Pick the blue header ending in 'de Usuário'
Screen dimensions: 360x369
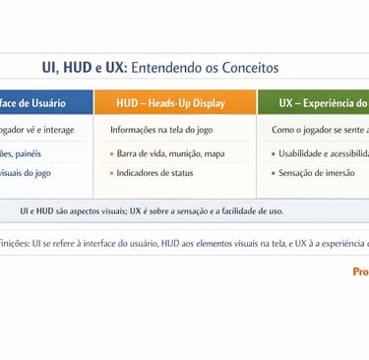click(44, 102)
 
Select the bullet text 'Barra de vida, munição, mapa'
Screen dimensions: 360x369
click(170, 153)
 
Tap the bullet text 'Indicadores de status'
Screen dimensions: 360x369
click(155, 173)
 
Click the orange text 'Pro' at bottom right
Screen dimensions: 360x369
click(360, 271)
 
